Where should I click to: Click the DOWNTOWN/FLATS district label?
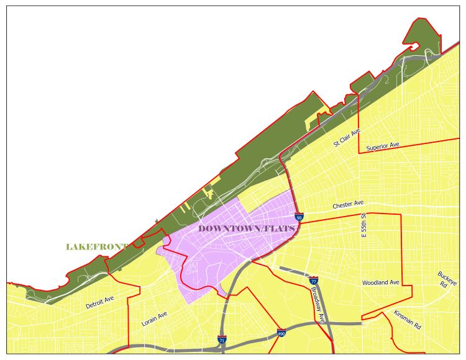[x=246, y=229]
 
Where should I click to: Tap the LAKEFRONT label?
[x=96, y=247]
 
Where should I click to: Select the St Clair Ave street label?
[x=347, y=137]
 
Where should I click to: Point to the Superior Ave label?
[x=382, y=146]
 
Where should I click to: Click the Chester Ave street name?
[x=347, y=204]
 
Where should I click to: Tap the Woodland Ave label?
[x=380, y=282]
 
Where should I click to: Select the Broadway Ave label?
[x=318, y=304]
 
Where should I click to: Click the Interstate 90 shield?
[x=299, y=217]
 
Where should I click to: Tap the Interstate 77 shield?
[x=313, y=281]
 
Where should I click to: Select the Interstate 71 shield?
[x=222, y=340]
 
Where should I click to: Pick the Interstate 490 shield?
[x=281, y=333]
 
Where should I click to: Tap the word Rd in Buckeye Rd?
[x=444, y=285]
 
